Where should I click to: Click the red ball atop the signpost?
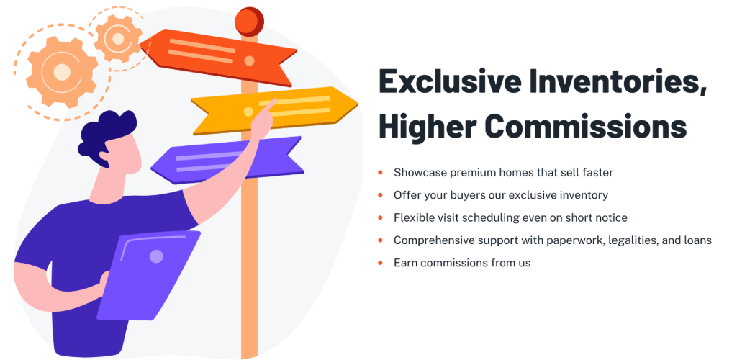(249, 21)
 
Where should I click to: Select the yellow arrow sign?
(274, 111)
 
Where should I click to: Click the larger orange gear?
(62, 72)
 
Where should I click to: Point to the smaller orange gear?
(118, 38)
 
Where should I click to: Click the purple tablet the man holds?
(148, 276)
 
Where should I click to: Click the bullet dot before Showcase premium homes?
(380, 173)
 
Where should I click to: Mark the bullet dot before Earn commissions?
(380, 264)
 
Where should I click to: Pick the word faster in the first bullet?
(598, 173)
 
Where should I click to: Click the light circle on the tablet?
(156, 256)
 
